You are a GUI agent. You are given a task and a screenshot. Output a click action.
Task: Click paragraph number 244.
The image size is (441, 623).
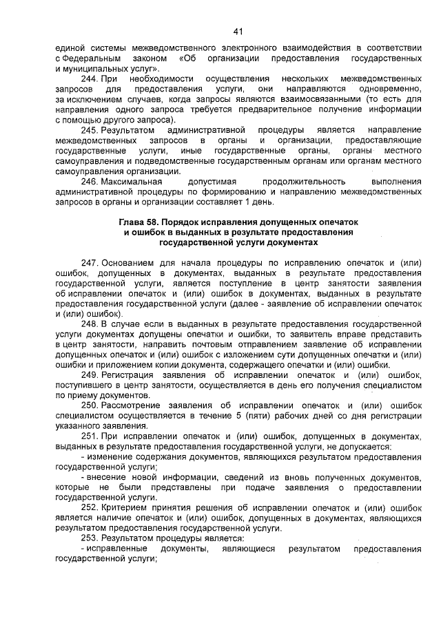(x=90, y=80)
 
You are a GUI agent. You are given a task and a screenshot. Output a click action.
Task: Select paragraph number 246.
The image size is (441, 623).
(x=90, y=181)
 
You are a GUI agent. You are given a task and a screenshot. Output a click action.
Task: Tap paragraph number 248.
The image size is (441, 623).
(x=90, y=324)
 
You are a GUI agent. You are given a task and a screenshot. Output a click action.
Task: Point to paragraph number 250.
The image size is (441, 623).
(x=90, y=406)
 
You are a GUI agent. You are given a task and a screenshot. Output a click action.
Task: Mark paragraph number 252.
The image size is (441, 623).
(x=90, y=507)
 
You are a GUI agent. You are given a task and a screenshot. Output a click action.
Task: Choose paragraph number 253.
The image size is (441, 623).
(x=90, y=538)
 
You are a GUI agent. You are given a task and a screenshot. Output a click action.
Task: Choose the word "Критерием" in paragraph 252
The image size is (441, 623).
(x=124, y=507)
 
